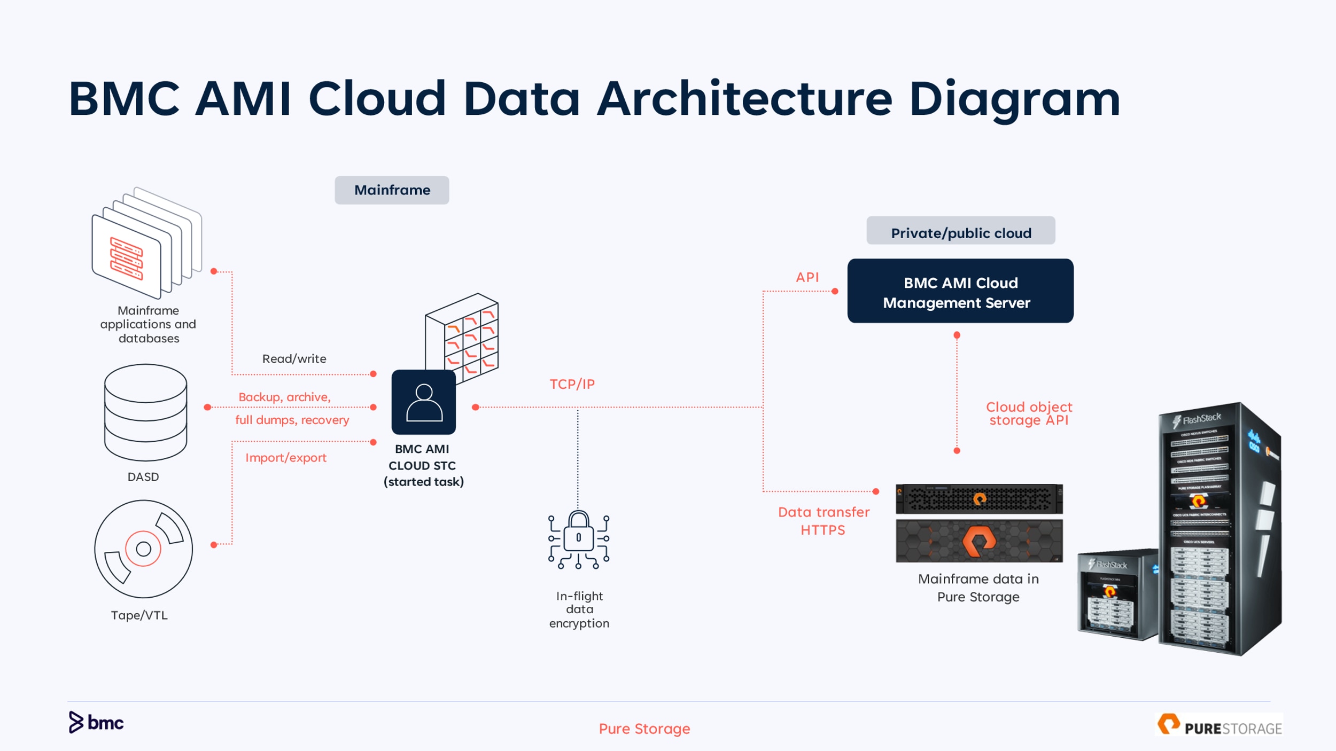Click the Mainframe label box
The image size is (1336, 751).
(x=392, y=190)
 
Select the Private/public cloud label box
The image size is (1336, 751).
(x=960, y=231)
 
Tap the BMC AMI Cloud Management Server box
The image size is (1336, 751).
(x=960, y=291)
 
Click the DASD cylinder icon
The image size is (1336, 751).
(x=145, y=412)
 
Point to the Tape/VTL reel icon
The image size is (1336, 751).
(x=143, y=549)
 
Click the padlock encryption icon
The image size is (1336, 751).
(x=578, y=539)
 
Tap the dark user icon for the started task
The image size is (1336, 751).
(x=423, y=402)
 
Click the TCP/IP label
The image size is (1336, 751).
(x=572, y=384)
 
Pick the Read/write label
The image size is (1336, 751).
(x=294, y=359)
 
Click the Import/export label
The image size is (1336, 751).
(x=285, y=458)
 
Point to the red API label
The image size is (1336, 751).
(x=807, y=277)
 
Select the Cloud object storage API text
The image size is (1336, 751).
(x=1029, y=413)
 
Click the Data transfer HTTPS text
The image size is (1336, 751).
(x=823, y=521)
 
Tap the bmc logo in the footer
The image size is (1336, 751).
(x=96, y=722)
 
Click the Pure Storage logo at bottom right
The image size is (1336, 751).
(x=1218, y=725)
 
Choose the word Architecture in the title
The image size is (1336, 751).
(x=744, y=99)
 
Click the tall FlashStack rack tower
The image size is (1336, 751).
(x=1221, y=529)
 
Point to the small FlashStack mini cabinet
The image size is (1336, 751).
(x=1117, y=596)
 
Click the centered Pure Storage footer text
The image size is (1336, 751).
(x=644, y=729)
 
